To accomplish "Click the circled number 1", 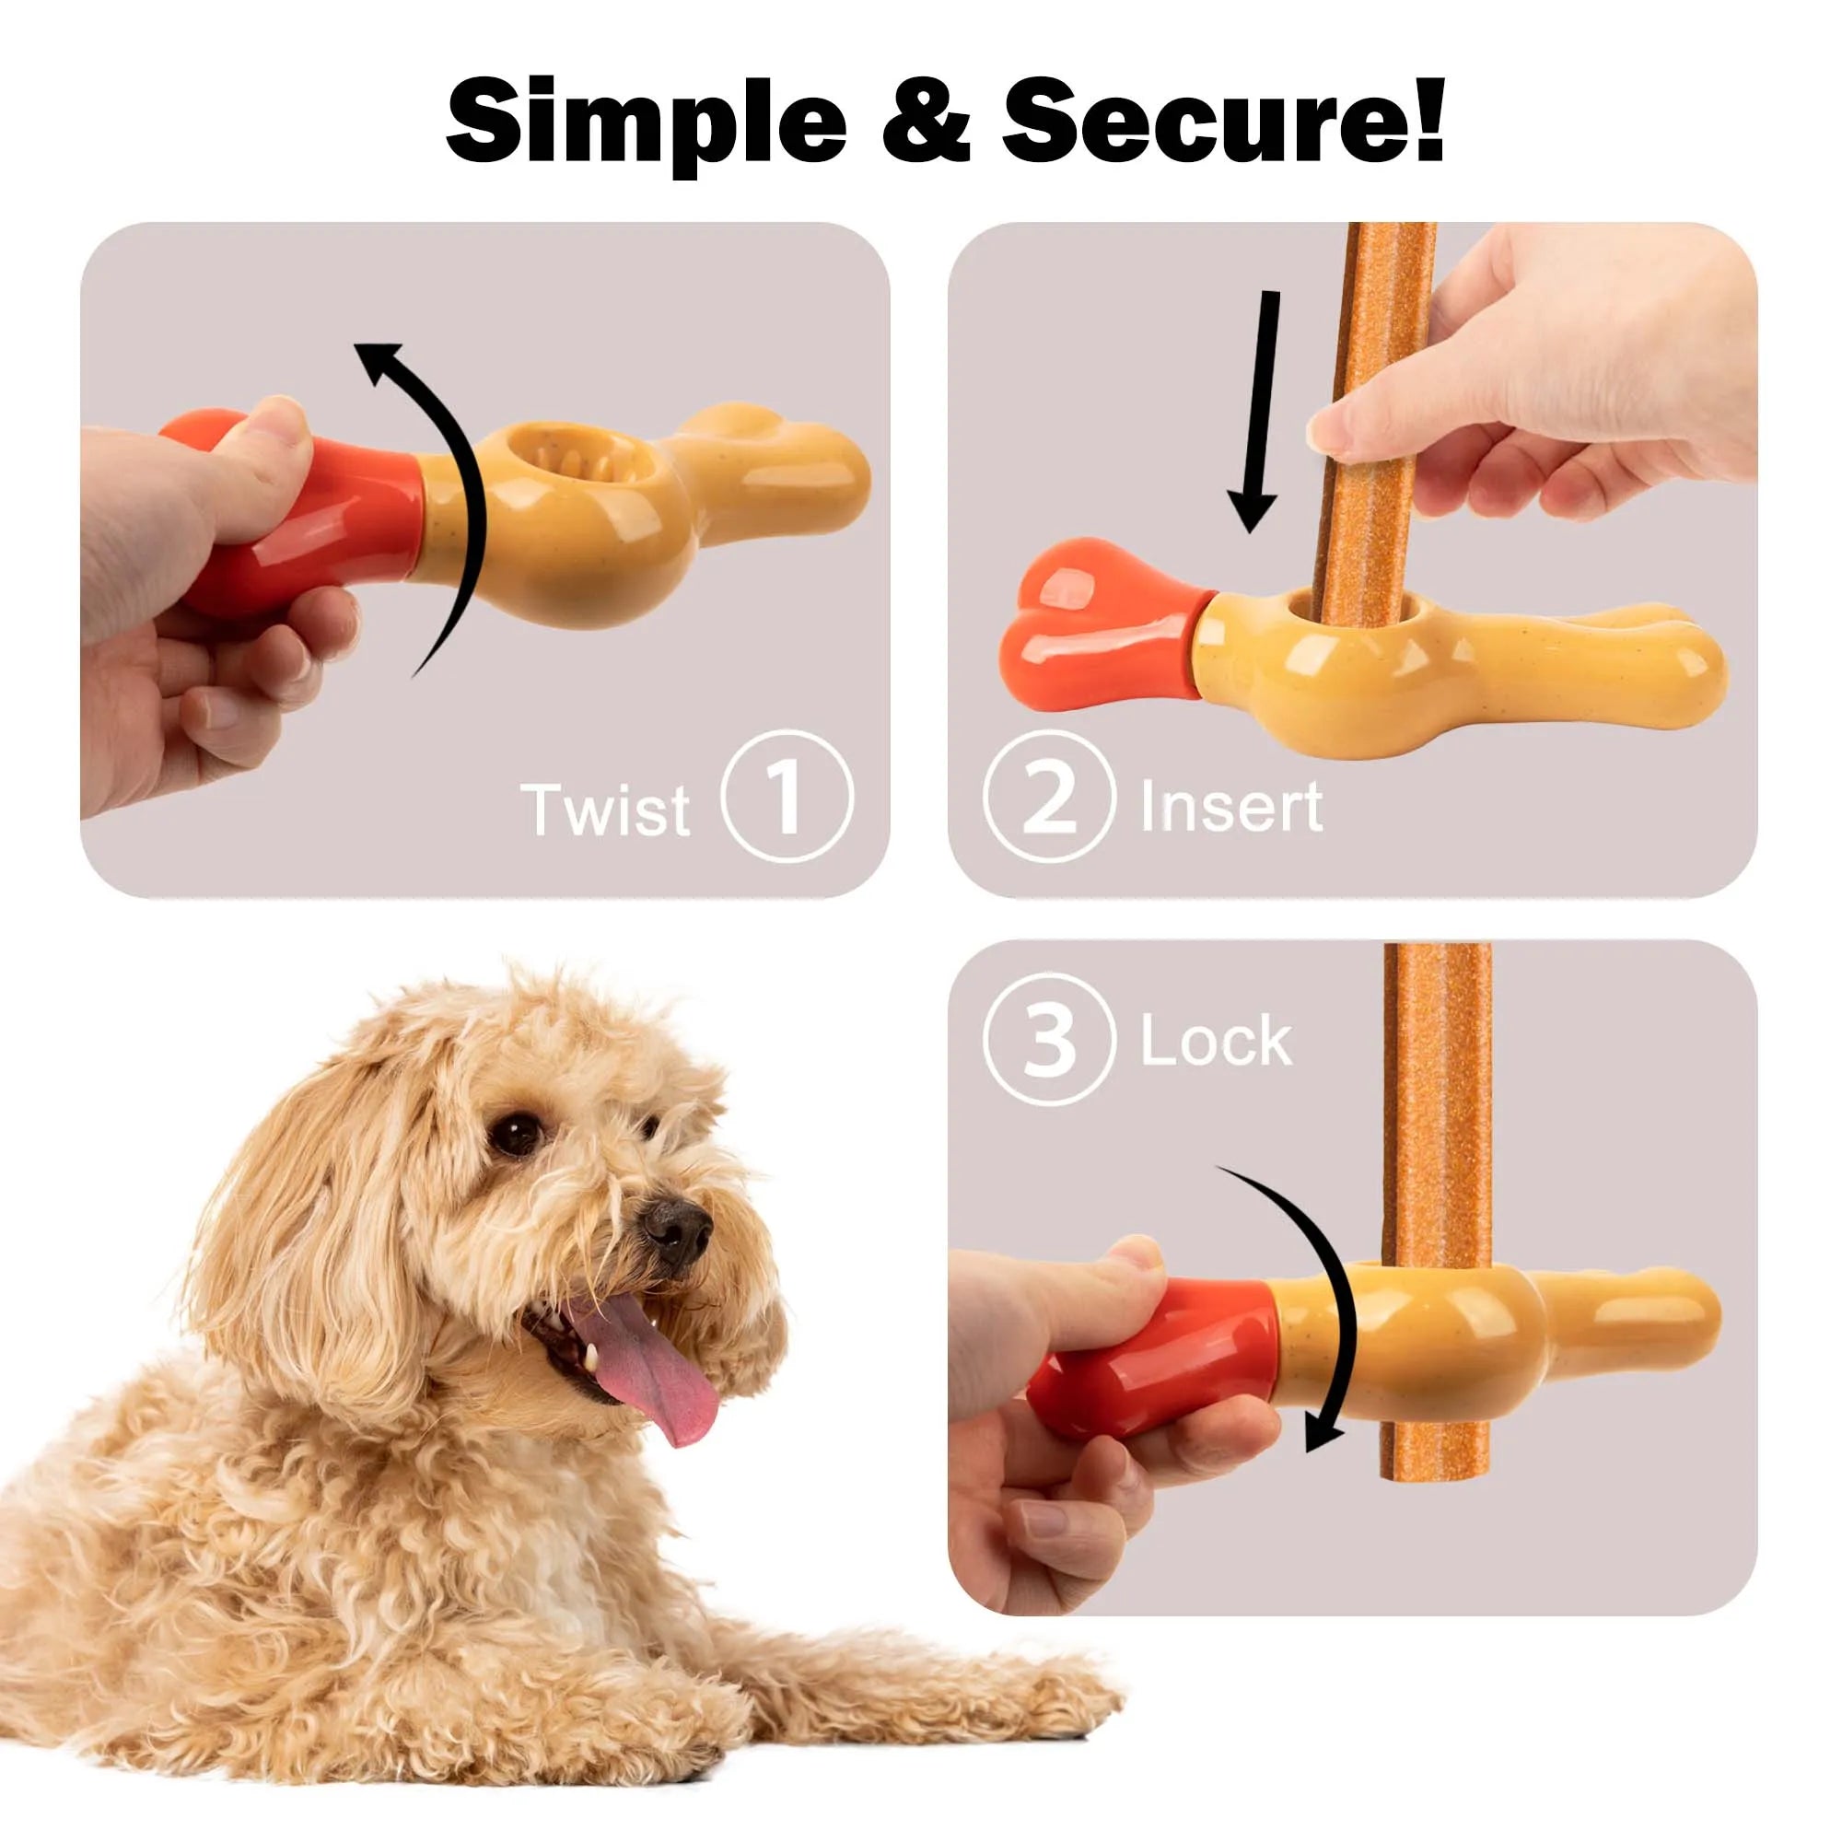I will (786, 797).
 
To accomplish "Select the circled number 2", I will (1049, 797).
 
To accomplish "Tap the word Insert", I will (1230, 807).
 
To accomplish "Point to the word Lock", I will (1216, 1041).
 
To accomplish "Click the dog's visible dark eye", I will (516, 1134).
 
